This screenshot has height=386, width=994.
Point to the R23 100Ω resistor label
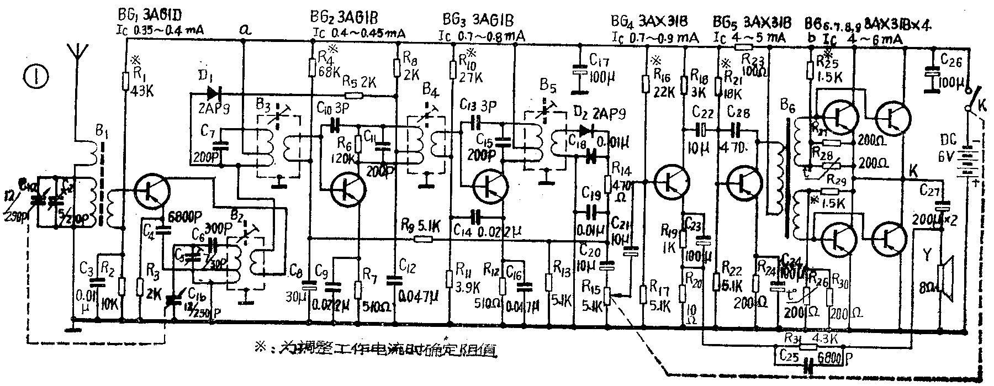point(753,57)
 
